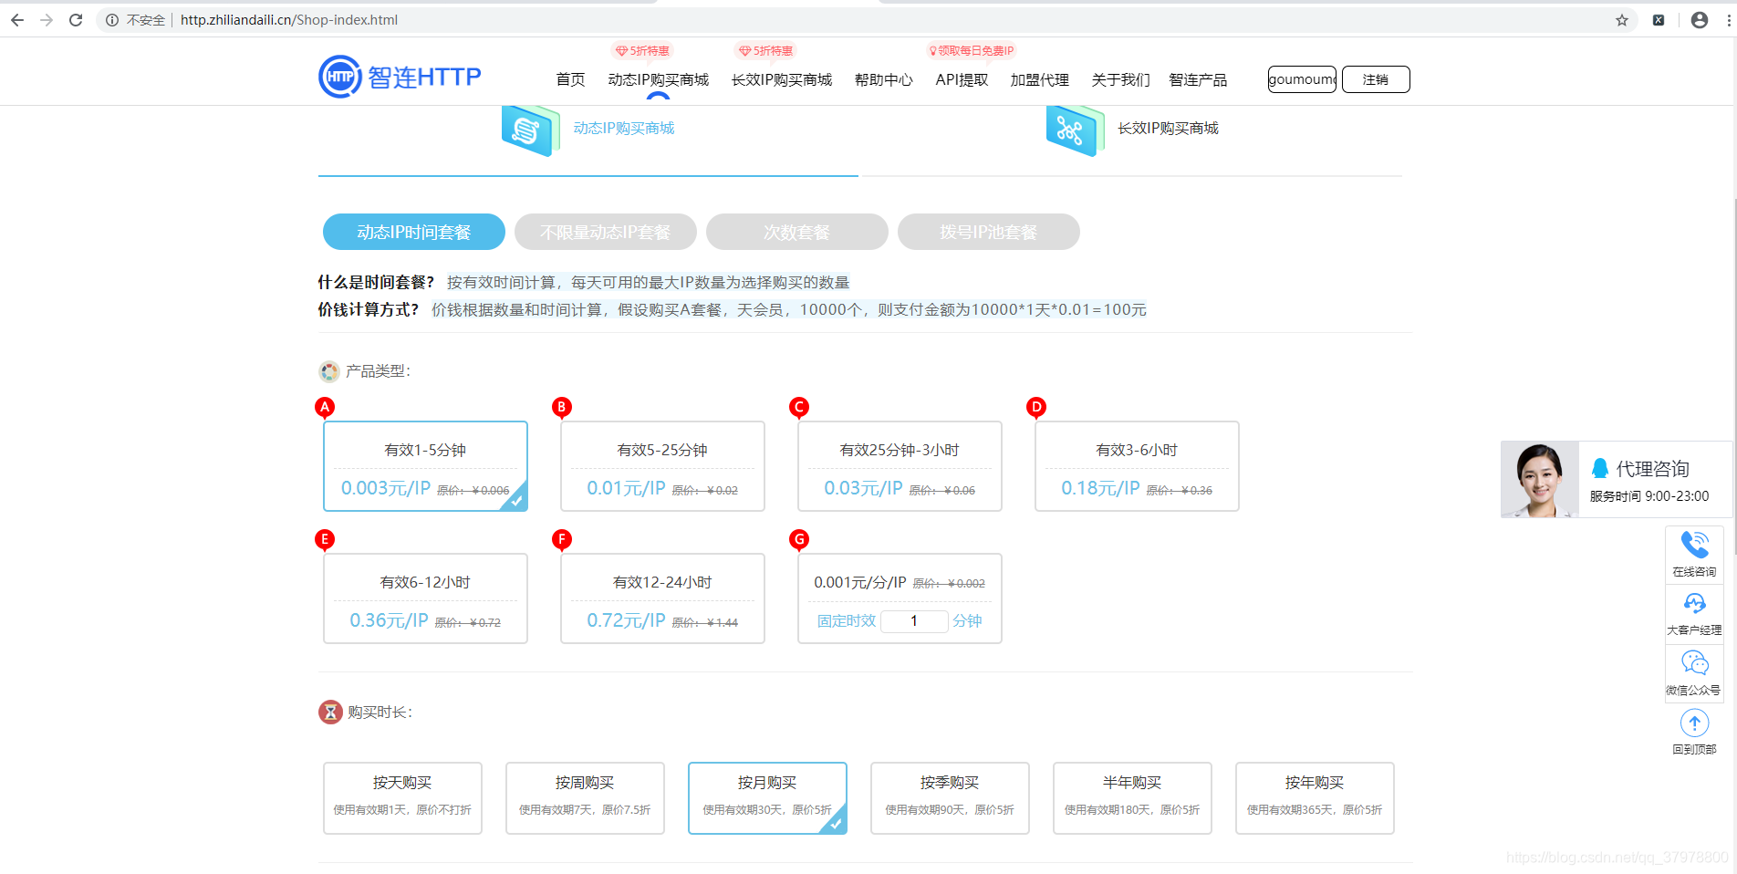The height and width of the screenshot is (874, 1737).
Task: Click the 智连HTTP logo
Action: (400, 77)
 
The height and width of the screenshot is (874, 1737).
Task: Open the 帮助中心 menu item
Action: (883, 80)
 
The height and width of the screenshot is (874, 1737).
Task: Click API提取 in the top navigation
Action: (962, 80)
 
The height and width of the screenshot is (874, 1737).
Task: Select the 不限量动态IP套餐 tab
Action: (605, 232)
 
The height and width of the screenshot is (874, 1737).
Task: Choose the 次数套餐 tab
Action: (796, 232)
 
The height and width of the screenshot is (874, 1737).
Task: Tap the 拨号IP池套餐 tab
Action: (988, 232)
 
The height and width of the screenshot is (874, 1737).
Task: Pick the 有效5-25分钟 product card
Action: (662, 465)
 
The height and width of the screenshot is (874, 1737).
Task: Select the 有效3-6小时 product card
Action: (1137, 465)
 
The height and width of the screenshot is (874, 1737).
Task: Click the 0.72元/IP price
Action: (626, 620)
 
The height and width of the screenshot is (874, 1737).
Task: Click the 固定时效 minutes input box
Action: (913, 620)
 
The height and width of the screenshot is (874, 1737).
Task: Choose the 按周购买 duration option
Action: (585, 797)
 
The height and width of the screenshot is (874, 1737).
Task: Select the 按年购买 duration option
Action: (1315, 797)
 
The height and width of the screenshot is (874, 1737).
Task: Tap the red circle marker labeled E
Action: (325, 539)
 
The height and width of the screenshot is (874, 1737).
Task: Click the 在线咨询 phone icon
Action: (1694, 545)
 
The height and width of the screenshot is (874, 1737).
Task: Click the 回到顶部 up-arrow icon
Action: (1694, 723)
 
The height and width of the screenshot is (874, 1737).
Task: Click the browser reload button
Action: (76, 20)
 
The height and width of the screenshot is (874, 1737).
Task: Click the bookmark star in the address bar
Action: (1622, 20)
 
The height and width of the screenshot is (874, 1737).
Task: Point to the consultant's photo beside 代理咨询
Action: (1539, 480)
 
